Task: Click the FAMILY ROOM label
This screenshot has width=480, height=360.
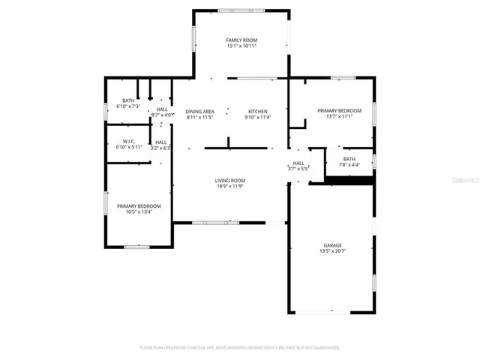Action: (241, 39)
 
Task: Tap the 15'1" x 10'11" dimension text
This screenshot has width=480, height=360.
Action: (241, 46)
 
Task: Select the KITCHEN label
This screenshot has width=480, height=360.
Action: (257, 111)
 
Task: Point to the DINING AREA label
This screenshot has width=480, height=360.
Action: (200, 111)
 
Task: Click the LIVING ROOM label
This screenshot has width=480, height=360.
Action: (230, 180)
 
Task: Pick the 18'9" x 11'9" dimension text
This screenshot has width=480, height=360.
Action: (230, 186)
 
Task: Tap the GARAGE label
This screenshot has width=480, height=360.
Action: (332, 244)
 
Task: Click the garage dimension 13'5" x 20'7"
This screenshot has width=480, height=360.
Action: (332, 251)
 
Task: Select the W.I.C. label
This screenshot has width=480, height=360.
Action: (129, 141)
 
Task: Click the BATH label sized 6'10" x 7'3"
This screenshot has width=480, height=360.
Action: (128, 100)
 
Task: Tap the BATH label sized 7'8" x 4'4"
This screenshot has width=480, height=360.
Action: (349, 158)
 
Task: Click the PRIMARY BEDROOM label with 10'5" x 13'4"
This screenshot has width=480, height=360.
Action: (139, 205)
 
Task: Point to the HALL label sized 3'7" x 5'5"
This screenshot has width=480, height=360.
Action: (298, 163)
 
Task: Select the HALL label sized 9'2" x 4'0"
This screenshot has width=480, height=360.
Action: (162, 109)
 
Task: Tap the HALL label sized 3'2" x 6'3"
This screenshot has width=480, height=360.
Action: (160, 142)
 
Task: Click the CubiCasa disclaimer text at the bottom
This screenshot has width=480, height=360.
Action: (240, 348)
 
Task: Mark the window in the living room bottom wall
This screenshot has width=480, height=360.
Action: (215, 223)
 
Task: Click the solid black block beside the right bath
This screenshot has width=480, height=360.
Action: (349, 180)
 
